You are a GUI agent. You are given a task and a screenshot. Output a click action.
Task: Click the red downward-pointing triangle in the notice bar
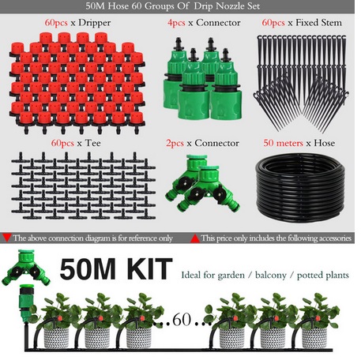point(7,237)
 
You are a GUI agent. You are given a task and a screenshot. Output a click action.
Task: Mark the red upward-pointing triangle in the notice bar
point(195,237)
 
